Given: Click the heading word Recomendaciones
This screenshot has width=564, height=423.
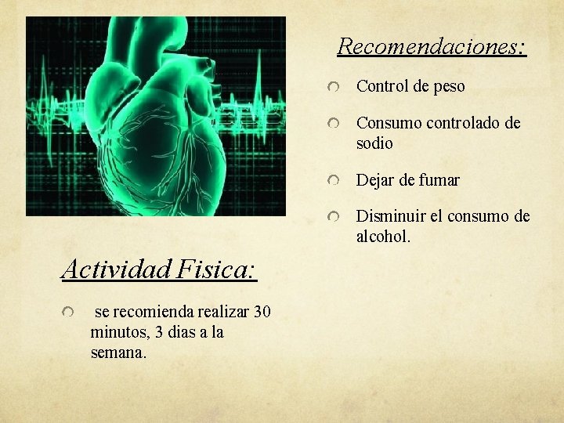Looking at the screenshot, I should click(431, 46).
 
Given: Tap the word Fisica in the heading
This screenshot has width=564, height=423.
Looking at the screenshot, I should click(217, 270).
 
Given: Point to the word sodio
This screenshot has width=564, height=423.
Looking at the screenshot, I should click(374, 144).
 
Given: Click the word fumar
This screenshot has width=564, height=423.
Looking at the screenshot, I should click(439, 180).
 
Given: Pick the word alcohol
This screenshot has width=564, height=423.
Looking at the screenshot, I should click(382, 236).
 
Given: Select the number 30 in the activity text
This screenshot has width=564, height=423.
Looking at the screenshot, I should click(262, 312).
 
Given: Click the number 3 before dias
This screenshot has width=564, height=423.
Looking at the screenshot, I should click(160, 332).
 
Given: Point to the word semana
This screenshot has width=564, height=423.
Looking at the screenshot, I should click(117, 352).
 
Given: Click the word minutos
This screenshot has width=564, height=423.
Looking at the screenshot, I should click(120, 332).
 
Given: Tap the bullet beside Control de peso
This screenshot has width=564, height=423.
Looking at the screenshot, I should click(334, 88).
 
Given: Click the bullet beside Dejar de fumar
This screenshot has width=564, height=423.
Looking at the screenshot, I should click(334, 182).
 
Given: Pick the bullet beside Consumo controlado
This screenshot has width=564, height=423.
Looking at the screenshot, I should click(334, 125).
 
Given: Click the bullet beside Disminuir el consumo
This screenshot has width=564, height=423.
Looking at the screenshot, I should click(334, 218).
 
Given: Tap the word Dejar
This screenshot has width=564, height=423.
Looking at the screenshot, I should click(375, 180).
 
